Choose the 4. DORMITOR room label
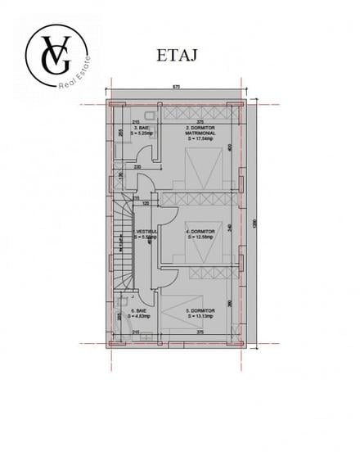200,234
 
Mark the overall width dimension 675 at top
176,86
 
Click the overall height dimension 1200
255,222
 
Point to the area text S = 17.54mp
200,141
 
